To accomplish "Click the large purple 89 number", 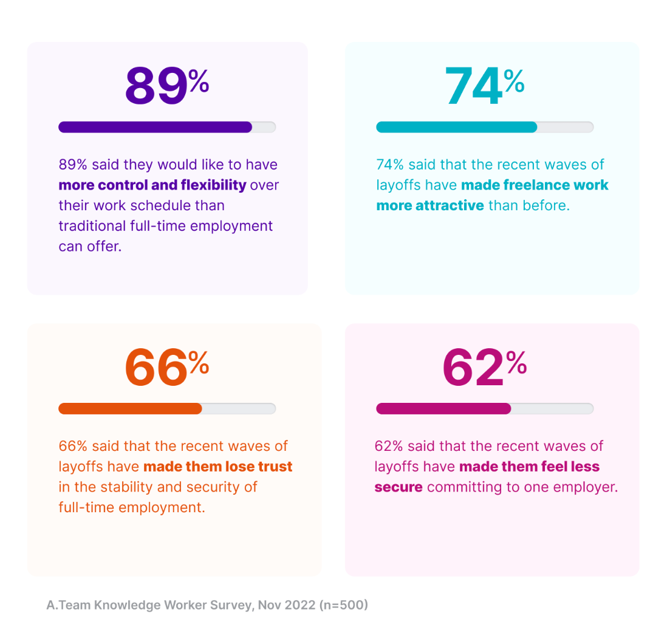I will click(x=156, y=87).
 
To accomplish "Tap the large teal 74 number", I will click(x=473, y=87).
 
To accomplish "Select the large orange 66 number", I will click(x=156, y=368).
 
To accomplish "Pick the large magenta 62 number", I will click(x=473, y=368).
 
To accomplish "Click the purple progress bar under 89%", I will click(x=156, y=127).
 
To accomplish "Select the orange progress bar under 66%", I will click(x=130, y=408).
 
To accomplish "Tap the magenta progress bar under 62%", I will click(x=443, y=408).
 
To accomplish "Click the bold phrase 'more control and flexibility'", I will click(x=152, y=185).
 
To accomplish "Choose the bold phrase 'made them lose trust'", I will click(x=218, y=467).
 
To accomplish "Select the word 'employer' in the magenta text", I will click(x=586, y=487).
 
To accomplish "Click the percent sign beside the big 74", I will click(x=514, y=81).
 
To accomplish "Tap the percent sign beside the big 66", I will click(x=199, y=363).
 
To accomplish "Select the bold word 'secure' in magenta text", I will click(x=398, y=487).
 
